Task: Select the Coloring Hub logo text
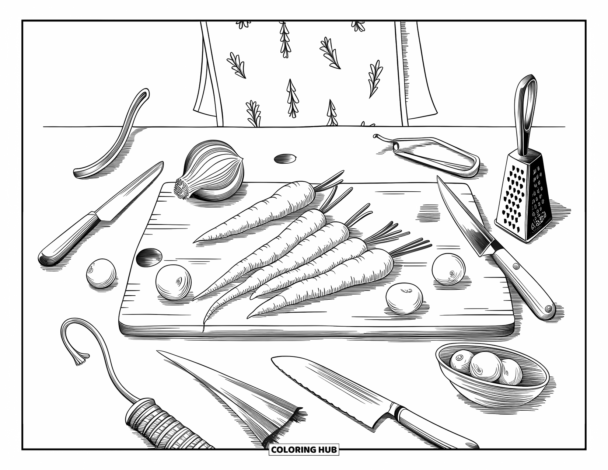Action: [x=304, y=450]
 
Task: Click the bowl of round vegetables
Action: [x=492, y=372]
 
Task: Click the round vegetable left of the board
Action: [x=101, y=273]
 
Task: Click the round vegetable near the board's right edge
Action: [x=448, y=269]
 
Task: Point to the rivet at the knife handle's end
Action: [x=549, y=308]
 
